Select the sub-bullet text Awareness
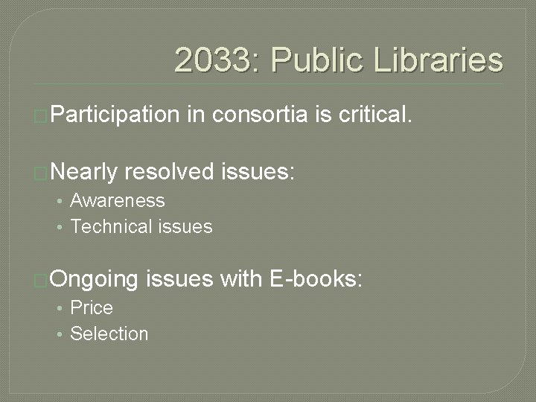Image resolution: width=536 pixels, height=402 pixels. coord(118,200)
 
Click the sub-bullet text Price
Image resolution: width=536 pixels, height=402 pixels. coord(92,307)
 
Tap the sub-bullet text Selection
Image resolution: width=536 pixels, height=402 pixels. coord(109,334)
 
